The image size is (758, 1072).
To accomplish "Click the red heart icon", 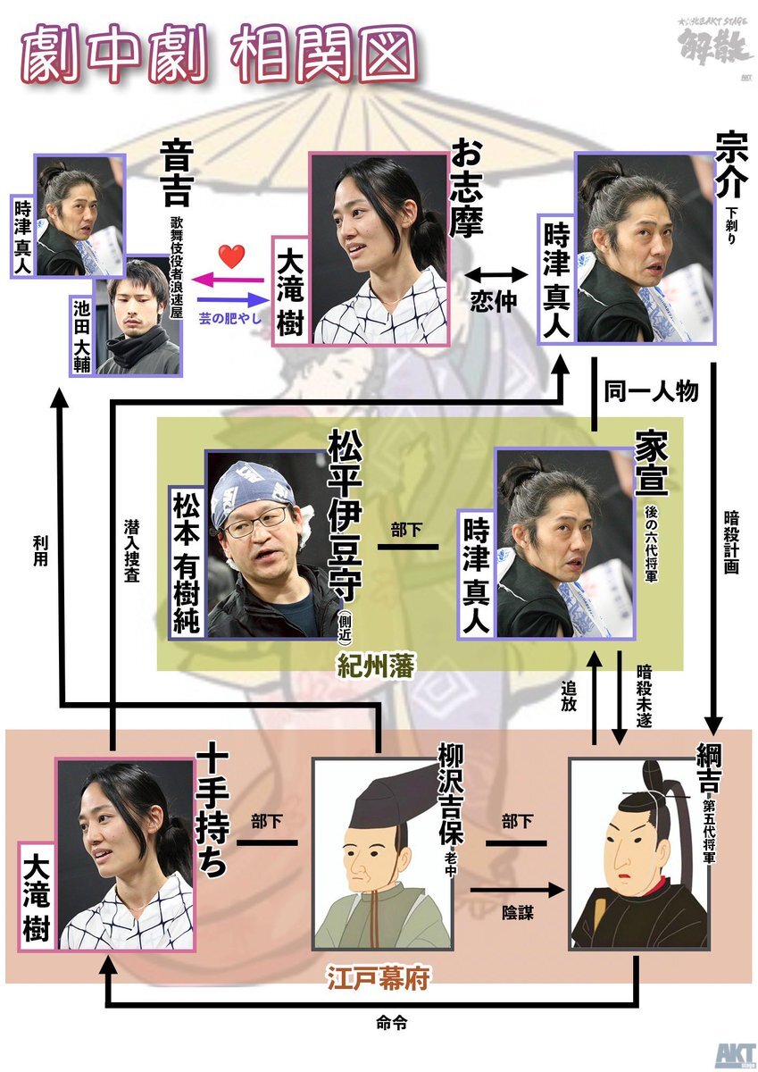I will pos(231,257).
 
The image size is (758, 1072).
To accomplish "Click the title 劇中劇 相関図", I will pos(219,55).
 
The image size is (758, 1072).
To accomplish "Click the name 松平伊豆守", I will pos(344,517).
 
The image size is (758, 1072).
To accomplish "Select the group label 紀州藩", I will pos(376,666).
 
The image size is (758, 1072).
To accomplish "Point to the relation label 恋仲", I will pos(493,301).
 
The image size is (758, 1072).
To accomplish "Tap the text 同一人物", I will pos(651,391).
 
